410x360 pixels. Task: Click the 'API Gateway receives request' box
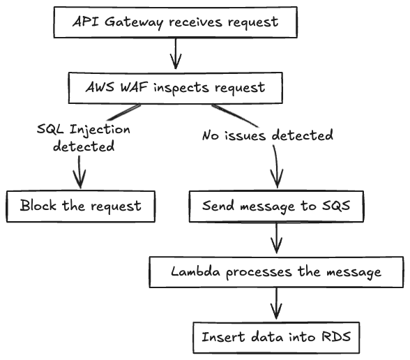(x=175, y=21)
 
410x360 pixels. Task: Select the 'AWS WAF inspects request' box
(x=175, y=87)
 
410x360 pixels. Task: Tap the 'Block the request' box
(x=80, y=205)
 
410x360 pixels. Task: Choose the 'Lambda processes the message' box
(x=276, y=271)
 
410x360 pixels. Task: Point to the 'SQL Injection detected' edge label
(x=83, y=138)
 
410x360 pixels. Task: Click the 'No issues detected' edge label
(x=267, y=135)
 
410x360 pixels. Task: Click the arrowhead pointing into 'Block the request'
(x=80, y=183)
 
